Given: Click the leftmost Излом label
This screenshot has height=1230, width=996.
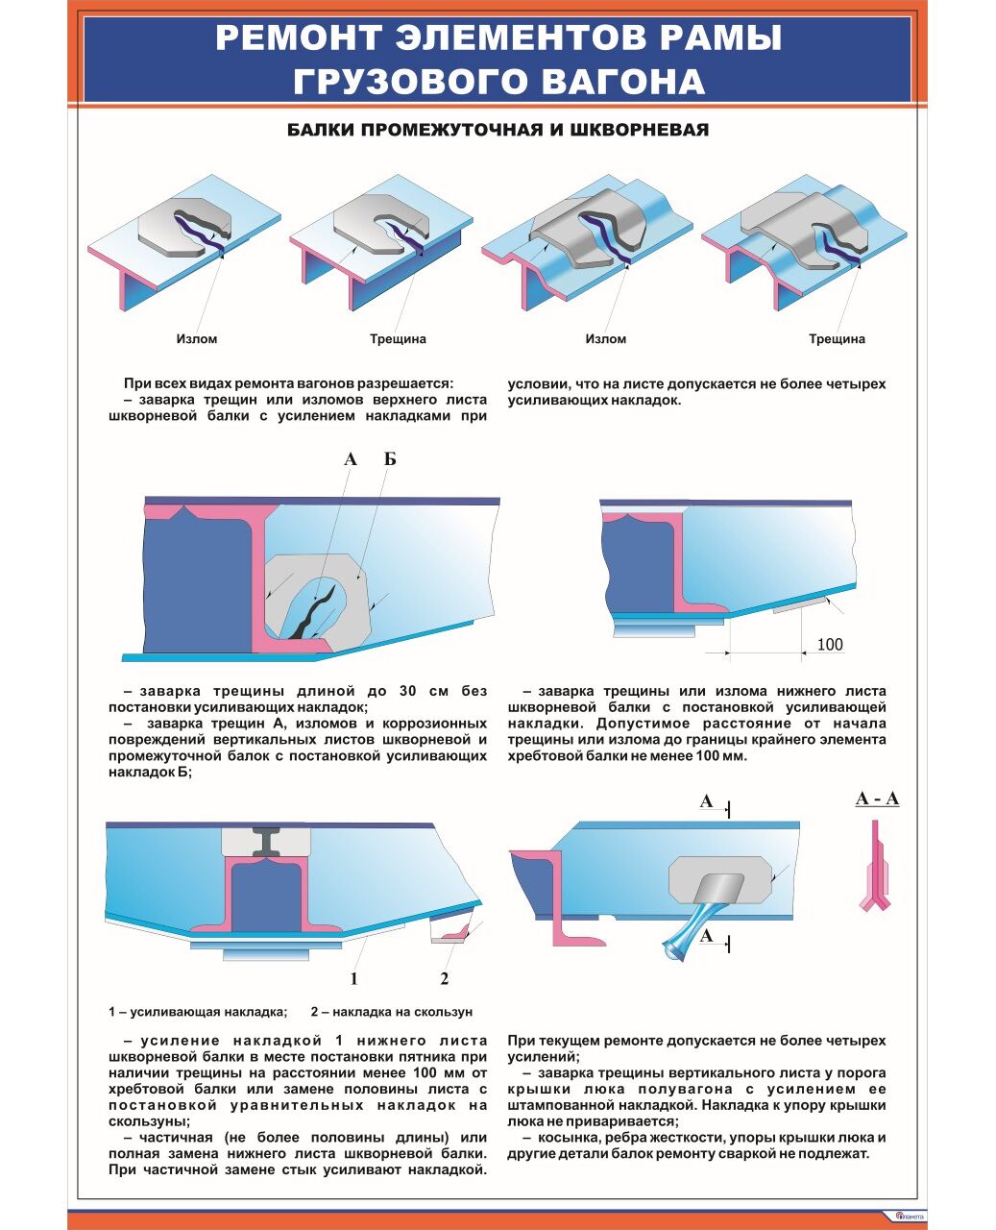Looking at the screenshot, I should point(197,339).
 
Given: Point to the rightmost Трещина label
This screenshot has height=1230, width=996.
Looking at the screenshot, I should point(837,339).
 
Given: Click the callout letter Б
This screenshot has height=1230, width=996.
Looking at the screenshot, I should point(390,459).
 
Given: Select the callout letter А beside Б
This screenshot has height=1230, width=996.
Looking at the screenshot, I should point(351,459).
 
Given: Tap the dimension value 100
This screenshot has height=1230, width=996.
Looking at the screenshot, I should point(829,645).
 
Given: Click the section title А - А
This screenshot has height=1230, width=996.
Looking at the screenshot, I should point(877,799).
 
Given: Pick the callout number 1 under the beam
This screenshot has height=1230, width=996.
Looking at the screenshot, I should point(353,979).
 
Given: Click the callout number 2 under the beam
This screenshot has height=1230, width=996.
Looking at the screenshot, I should point(444,979).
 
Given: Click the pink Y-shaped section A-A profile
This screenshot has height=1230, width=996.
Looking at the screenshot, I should point(875,870).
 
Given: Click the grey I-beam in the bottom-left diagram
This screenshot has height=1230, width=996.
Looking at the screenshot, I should point(266,841).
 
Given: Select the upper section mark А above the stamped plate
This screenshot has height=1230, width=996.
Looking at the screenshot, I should point(707,801).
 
